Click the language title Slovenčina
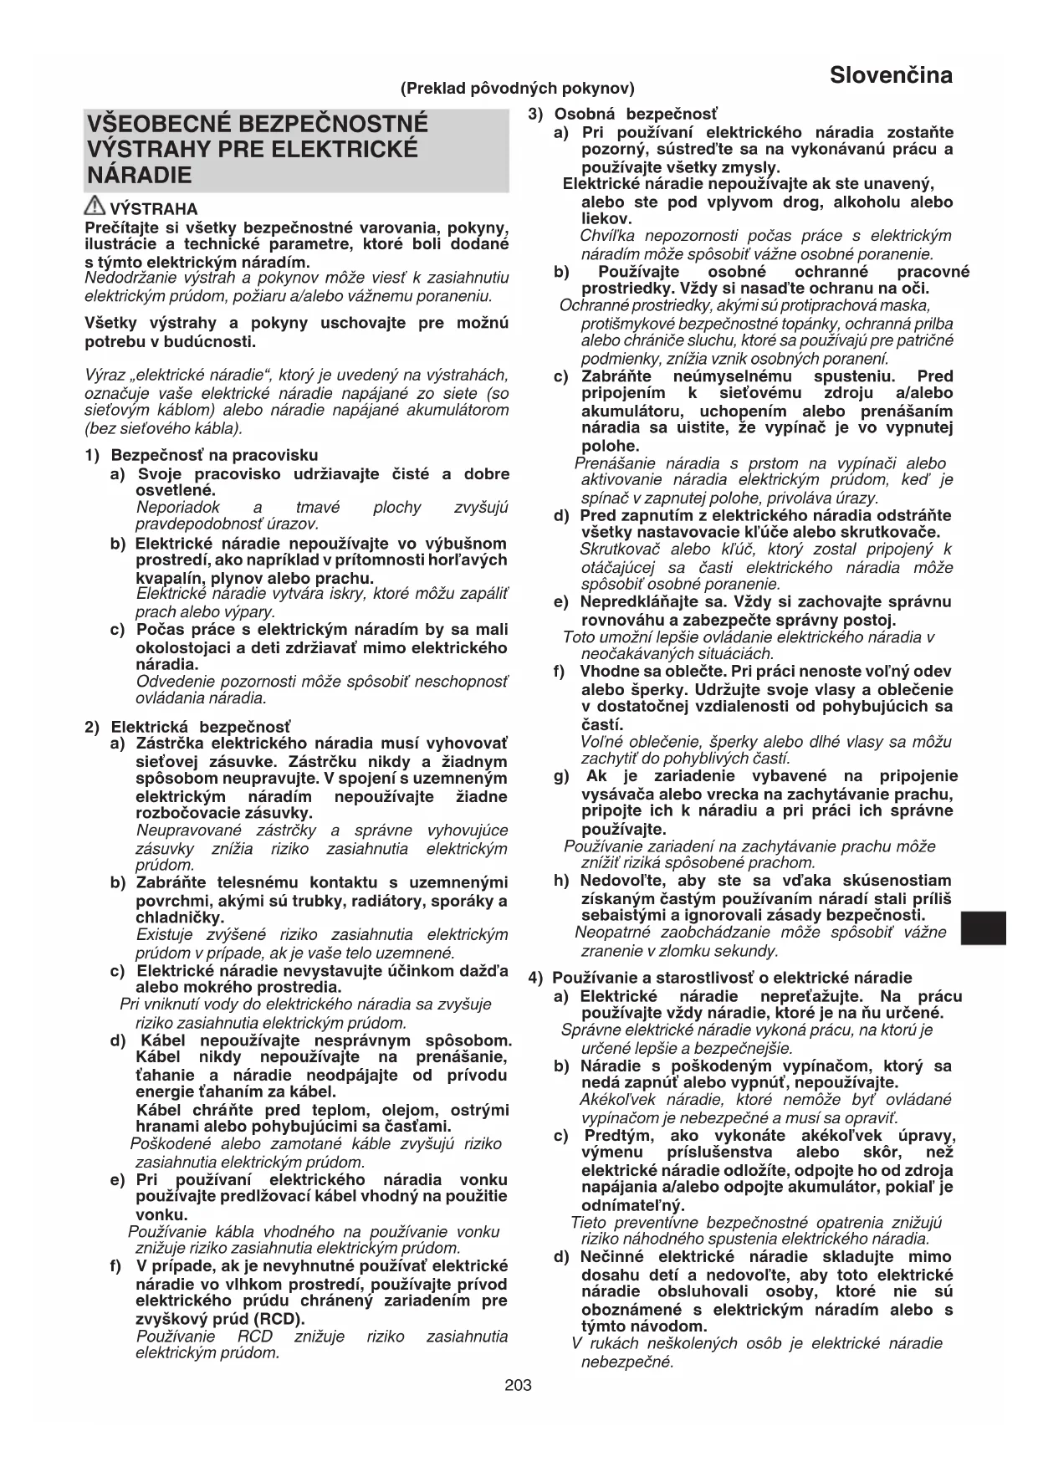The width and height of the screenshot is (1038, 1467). coord(891,75)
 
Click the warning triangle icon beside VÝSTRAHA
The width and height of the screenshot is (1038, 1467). coord(95,207)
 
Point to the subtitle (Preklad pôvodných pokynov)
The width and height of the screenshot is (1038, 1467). coord(518,88)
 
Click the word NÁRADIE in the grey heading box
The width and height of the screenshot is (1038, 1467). coord(140,176)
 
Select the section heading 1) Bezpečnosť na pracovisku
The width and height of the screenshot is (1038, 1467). coord(202,455)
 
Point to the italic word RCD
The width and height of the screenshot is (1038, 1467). coord(255,1336)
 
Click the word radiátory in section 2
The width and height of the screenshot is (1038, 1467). coord(381,901)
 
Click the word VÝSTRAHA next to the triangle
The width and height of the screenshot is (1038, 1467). coord(154,209)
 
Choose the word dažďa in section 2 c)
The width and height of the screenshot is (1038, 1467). coord(484,970)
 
